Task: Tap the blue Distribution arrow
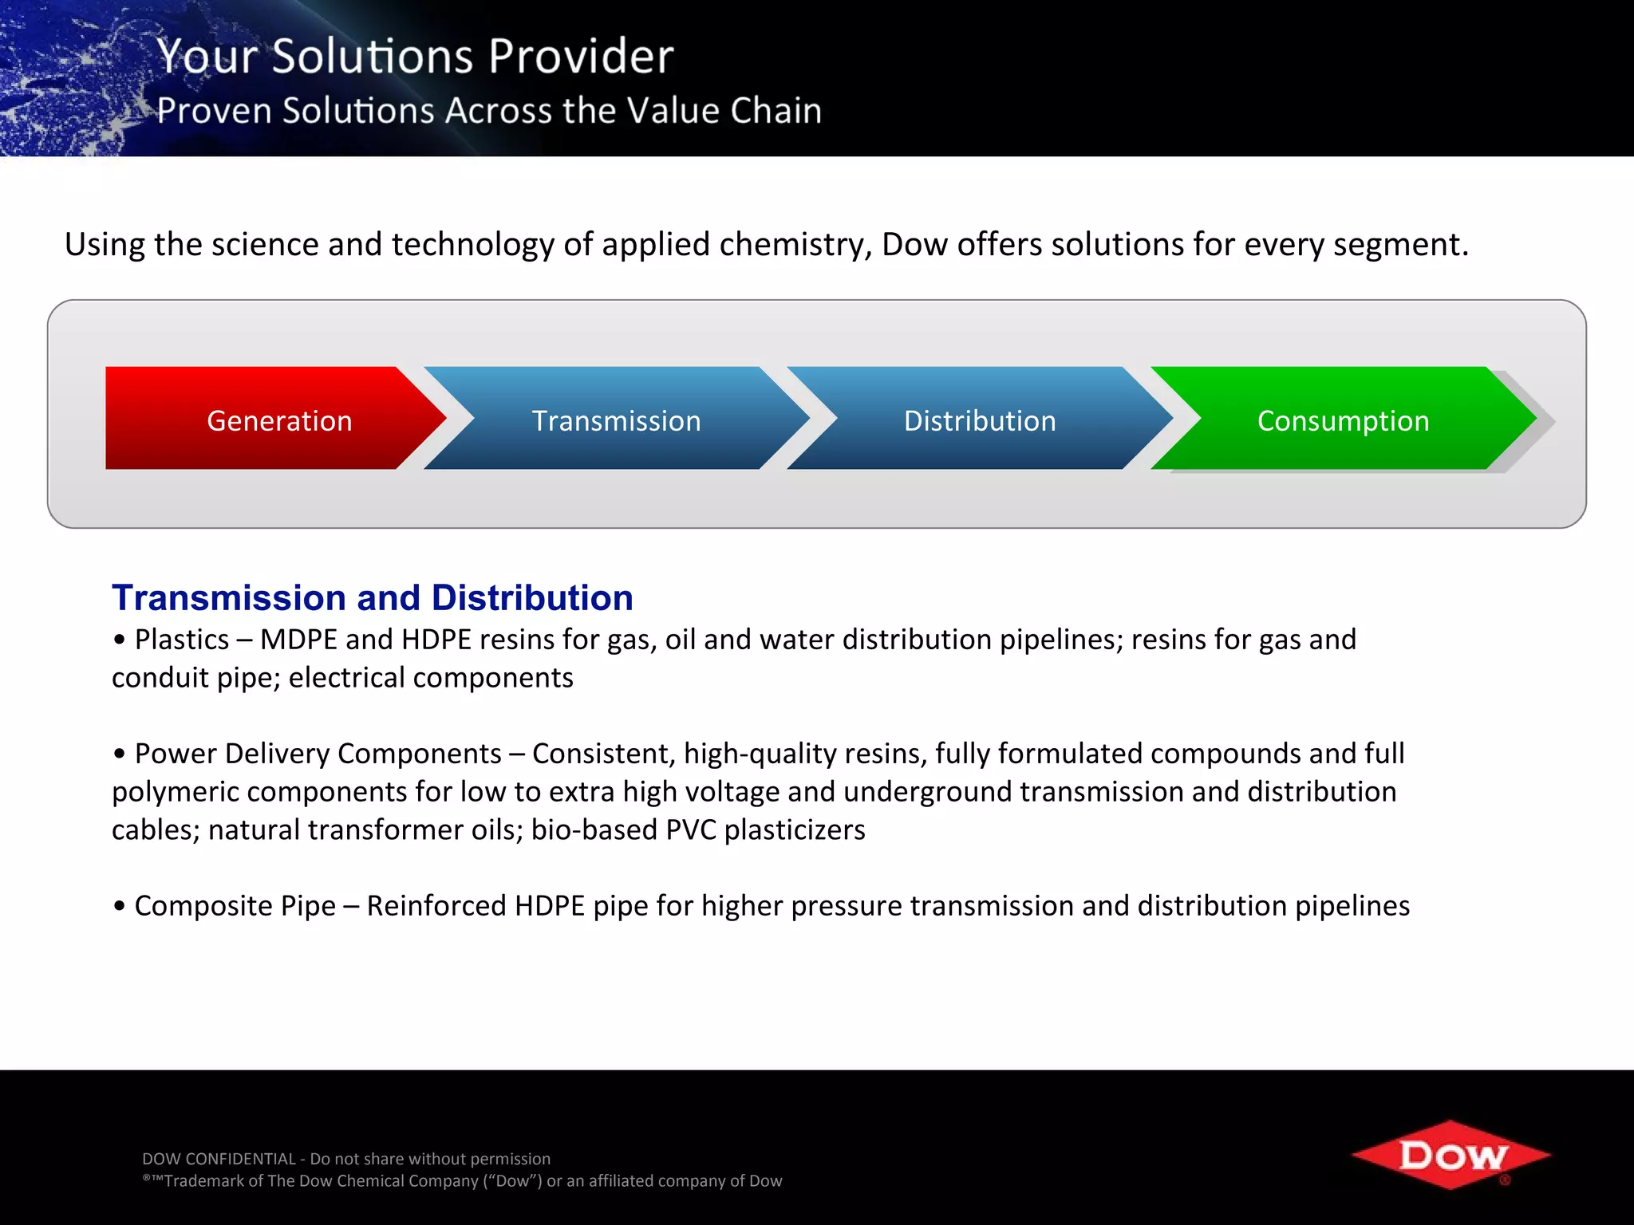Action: (979, 419)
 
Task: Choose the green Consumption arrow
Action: (1343, 419)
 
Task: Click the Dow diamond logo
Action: (1451, 1155)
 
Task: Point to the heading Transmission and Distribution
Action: (372, 598)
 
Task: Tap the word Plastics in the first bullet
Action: (182, 640)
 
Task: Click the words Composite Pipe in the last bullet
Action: (235, 906)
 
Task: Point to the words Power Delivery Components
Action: (318, 754)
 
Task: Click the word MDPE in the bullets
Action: (298, 640)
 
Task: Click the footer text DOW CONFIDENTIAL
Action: (219, 1159)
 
